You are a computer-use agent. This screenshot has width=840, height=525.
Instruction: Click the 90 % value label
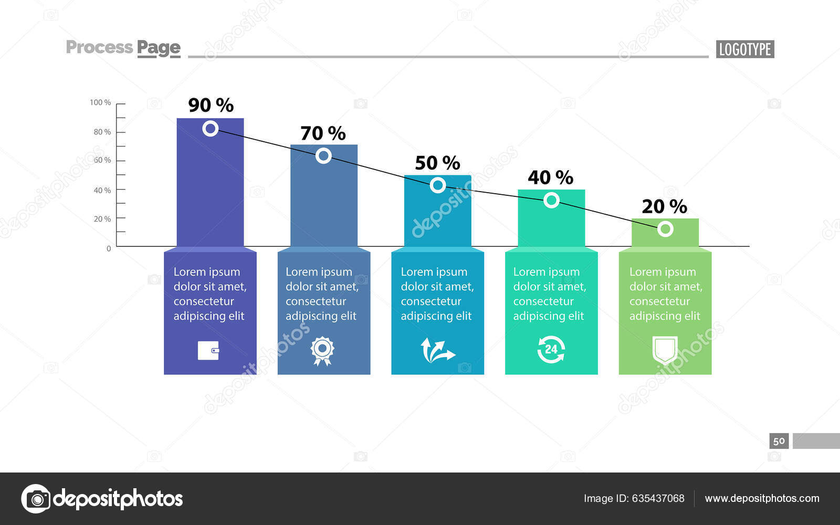(x=211, y=105)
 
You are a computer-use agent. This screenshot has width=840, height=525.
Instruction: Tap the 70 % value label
(x=323, y=133)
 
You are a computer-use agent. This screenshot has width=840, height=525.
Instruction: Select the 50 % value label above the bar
(x=437, y=163)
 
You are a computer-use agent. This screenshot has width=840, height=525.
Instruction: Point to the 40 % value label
(x=550, y=177)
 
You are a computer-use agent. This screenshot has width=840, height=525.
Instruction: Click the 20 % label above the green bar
(x=664, y=206)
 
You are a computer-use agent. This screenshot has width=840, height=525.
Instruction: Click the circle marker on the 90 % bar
(x=211, y=128)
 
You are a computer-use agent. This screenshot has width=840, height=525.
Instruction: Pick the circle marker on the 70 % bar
(x=323, y=155)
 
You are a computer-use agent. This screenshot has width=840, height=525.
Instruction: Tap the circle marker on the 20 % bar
(x=665, y=229)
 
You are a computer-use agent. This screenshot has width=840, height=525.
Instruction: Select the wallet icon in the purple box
(x=208, y=350)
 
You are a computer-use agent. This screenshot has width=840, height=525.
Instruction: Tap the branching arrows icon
(x=437, y=351)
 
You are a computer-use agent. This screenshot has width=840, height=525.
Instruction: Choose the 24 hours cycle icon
(x=551, y=350)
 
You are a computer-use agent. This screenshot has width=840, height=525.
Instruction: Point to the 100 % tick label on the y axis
(x=100, y=102)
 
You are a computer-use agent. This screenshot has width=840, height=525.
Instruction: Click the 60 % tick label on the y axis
(x=102, y=160)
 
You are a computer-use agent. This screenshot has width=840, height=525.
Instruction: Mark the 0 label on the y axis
(x=109, y=248)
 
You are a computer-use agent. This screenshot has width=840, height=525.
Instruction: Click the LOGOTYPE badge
(x=744, y=49)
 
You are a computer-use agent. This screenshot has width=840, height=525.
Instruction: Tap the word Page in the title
(x=159, y=48)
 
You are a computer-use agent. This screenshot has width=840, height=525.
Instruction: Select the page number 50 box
(x=779, y=441)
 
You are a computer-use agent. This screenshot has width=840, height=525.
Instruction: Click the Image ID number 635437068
(x=658, y=498)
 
